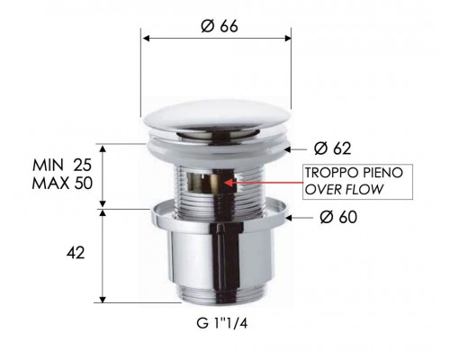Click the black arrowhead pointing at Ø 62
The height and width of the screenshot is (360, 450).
(290, 148)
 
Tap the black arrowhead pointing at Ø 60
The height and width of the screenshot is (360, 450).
(291, 216)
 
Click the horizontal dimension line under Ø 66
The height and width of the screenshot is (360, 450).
(216, 38)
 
